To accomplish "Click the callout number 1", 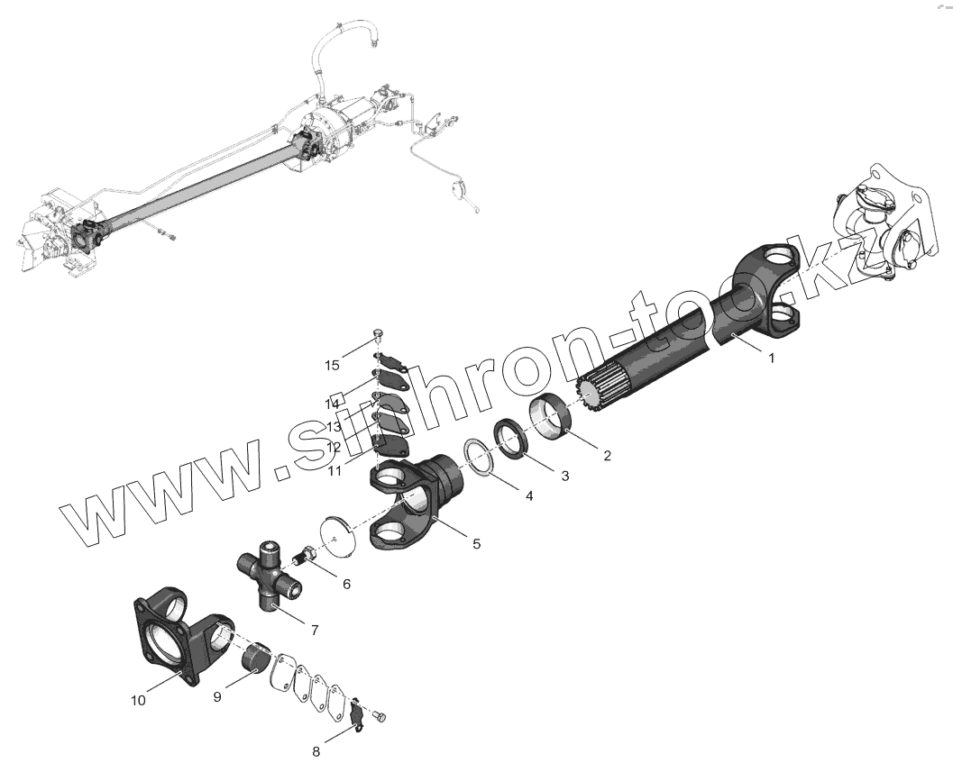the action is point(771,358).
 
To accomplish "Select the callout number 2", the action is point(607,456).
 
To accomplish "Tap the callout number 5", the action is point(476,543).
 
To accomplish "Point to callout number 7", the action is point(314,630).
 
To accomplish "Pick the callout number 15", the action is point(333,365).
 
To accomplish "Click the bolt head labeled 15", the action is point(379,338).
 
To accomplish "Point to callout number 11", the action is point(334,468).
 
